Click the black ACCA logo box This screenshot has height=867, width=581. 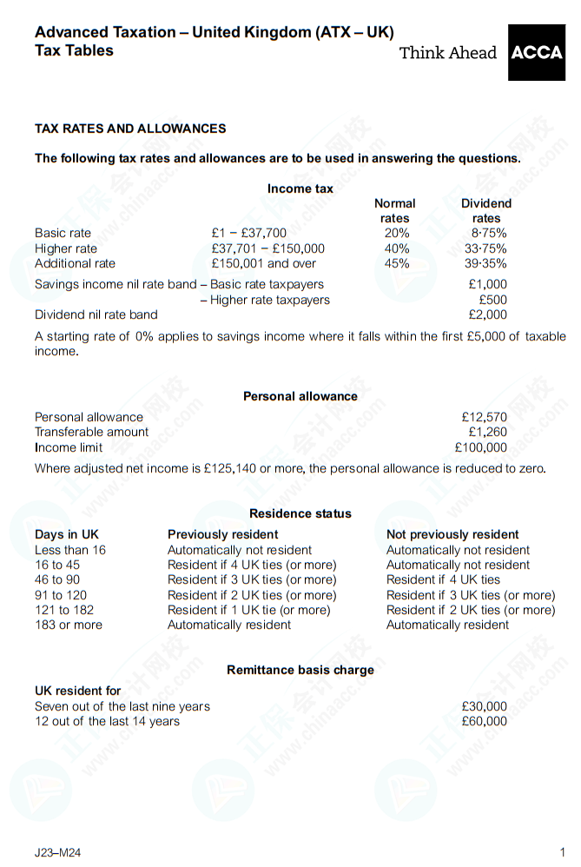[536, 52]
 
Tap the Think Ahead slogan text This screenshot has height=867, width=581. [447, 53]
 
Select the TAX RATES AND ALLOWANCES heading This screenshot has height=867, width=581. [130, 129]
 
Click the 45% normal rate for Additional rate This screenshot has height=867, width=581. [396, 263]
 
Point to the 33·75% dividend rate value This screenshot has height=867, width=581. [485, 248]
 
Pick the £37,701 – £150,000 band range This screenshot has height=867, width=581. [267, 248]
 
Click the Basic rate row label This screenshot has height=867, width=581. [63, 233]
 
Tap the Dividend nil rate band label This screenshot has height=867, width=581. [96, 314]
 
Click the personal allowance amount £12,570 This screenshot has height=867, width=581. [484, 417]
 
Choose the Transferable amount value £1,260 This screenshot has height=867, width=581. [487, 432]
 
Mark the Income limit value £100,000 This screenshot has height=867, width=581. [480, 447]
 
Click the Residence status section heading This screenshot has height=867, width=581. [300, 513]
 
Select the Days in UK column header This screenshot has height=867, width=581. [67, 534]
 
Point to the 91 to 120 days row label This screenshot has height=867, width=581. [61, 595]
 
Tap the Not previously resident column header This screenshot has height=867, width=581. [452, 534]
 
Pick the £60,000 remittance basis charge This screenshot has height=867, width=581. [484, 721]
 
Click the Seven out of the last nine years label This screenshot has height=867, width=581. [122, 706]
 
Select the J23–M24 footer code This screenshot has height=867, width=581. [58, 852]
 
